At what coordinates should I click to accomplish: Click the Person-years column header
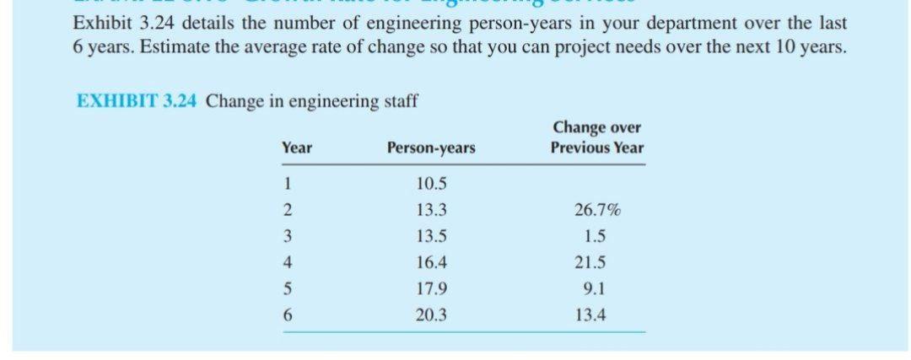click(430, 148)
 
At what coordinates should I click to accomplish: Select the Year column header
click(296, 148)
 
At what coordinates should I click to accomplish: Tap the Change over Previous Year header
click(596, 137)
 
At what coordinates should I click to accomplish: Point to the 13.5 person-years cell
click(431, 237)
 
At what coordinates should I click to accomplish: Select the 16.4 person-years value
click(431, 263)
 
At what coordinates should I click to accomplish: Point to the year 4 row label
click(288, 263)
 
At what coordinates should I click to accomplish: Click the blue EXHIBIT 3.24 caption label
click(137, 102)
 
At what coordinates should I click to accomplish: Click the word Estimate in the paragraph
click(171, 47)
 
